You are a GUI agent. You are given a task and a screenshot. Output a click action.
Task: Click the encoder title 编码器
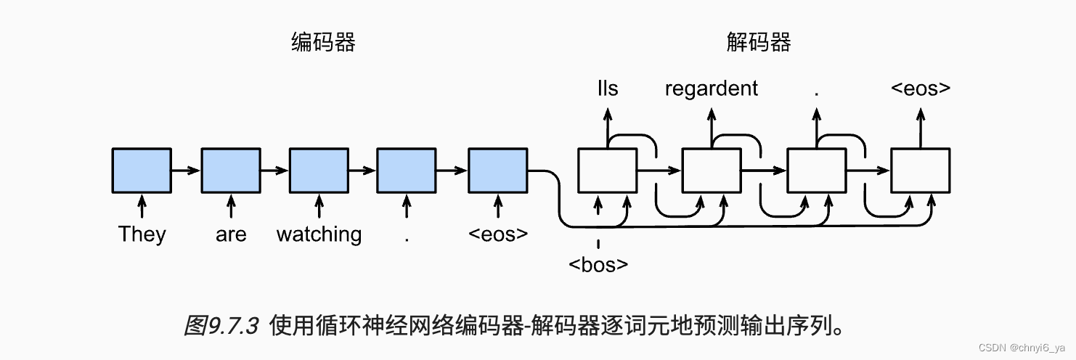click(x=323, y=43)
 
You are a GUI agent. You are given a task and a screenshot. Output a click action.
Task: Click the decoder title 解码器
click(x=759, y=43)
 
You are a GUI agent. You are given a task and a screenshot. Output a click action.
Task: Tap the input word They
click(x=142, y=234)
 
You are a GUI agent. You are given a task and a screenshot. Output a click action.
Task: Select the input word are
click(x=231, y=235)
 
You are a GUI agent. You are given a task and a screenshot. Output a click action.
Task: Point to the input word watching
click(x=319, y=234)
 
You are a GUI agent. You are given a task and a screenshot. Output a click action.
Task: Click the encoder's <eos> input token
click(x=497, y=234)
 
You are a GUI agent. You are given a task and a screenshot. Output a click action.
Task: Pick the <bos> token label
click(x=598, y=265)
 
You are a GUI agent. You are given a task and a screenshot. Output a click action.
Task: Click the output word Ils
click(x=608, y=89)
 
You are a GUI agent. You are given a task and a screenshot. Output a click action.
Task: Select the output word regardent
click(x=712, y=89)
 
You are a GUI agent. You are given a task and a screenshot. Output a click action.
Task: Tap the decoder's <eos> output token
click(x=921, y=89)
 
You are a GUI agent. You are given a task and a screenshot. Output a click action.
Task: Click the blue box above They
click(x=142, y=171)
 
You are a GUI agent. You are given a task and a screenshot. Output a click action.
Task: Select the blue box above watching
click(x=319, y=171)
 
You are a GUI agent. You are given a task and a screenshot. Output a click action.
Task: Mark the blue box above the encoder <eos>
click(x=497, y=171)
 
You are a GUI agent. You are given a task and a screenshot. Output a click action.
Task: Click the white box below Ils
click(x=607, y=171)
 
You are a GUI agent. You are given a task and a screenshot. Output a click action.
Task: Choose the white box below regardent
click(x=712, y=171)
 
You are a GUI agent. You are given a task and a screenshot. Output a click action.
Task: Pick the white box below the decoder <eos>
click(x=921, y=171)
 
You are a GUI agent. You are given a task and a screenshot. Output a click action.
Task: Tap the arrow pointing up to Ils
click(x=608, y=127)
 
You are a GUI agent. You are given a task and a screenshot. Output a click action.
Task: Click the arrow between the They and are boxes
click(x=186, y=171)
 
